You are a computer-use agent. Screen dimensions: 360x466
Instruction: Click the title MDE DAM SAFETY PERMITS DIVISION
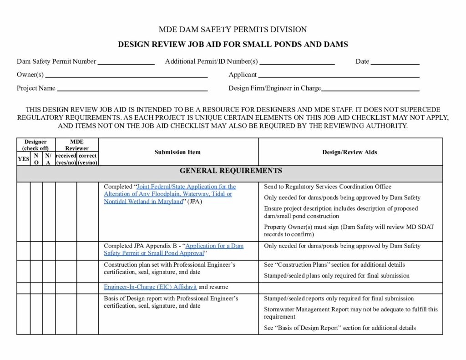(x=233, y=30)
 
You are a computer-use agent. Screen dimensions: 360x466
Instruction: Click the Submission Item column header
(x=177, y=152)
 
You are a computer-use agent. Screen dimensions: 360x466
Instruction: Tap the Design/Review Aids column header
(x=350, y=152)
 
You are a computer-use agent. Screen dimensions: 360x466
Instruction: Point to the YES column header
(x=23, y=159)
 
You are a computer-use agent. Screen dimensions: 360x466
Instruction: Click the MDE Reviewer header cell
(x=76, y=145)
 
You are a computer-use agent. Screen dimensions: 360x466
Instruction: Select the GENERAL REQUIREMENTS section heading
(x=231, y=171)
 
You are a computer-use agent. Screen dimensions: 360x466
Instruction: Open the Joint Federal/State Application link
(x=169, y=194)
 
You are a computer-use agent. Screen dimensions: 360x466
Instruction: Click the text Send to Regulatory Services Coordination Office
(x=327, y=187)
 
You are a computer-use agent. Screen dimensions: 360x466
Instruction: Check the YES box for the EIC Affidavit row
(x=23, y=288)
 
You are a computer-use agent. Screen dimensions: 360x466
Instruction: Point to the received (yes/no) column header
(x=66, y=159)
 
